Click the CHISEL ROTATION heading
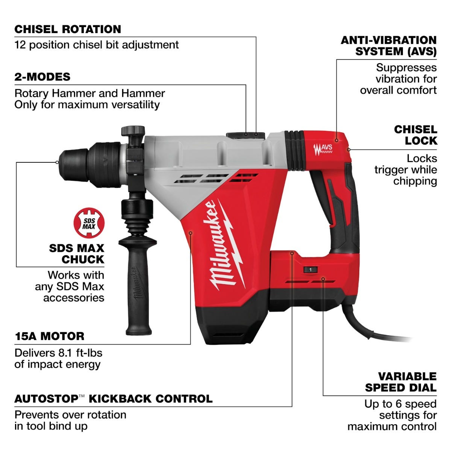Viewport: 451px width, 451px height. [68, 29]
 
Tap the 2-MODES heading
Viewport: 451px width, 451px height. [42, 77]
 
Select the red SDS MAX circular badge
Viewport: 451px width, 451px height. [89, 223]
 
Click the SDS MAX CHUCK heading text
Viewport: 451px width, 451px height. [77, 254]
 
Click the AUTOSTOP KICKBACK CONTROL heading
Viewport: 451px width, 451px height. [113, 399]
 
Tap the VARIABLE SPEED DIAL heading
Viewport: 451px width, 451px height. [401, 382]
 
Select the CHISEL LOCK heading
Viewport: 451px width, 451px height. [415, 135]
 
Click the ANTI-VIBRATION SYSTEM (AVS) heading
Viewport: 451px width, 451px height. [389, 45]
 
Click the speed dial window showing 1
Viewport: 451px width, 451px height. [310, 270]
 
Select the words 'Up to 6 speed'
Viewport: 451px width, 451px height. [400, 404]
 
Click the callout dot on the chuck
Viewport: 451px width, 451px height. [57, 162]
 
